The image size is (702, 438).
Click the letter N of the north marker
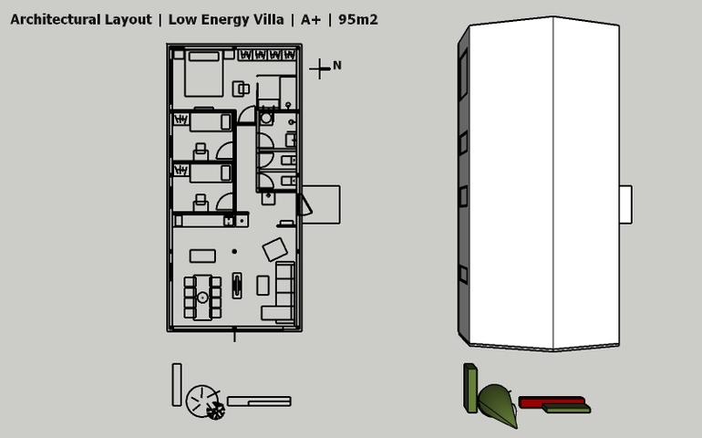tap(337, 65)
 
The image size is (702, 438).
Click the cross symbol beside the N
tap(318, 68)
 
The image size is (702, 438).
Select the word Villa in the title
tap(264, 19)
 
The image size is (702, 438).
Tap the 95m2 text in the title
tap(359, 19)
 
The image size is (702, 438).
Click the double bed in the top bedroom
tap(204, 74)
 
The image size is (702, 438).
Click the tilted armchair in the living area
tap(274, 248)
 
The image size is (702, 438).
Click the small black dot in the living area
tap(234, 251)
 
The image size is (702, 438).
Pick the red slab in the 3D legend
tap(551, 400)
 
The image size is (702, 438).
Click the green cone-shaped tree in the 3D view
tap(498, 403)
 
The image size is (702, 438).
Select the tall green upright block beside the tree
tap(470, 387)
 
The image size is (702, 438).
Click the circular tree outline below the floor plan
tap(201, 400)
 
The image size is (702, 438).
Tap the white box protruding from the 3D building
tap(625, 203)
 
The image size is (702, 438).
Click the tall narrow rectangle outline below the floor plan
tap(177, 384)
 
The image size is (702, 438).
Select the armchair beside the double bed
tap(242, 88)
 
